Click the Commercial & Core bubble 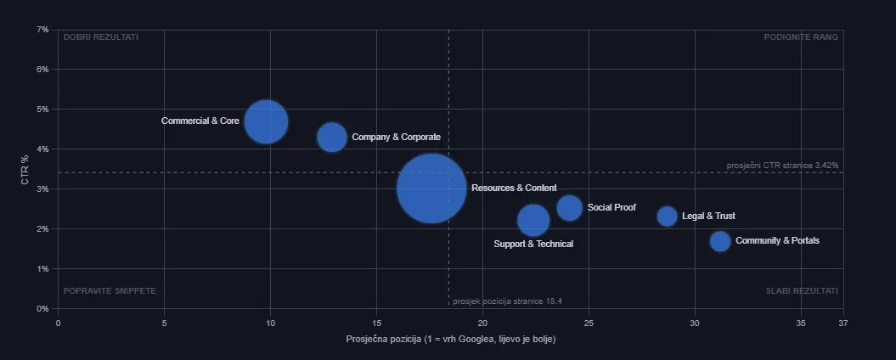(x=266, y=121)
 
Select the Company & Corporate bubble (x=332, y=138)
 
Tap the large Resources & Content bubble (x=431, y=188)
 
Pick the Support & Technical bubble (x=533, y=220)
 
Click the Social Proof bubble (x=570, y=207)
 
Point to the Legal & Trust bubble (x=667, y=216)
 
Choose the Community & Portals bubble (x=720, y=241)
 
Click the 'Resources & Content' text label (x=514, y=188)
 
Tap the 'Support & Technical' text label (x=533, y=244)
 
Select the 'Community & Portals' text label (x=777, y=240)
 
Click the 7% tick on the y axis (x=42, y=29)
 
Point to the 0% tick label (x=42, y=308)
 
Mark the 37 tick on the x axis (x=843, y=323)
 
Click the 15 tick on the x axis (x=376, y=323)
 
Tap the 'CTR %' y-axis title (x=25, y=169)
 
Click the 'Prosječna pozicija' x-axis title (x=451, y=340)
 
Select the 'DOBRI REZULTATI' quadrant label (x=101, y=37)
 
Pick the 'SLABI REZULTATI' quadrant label (x=802, y=291)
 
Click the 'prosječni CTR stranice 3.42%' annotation (x=783, y=166)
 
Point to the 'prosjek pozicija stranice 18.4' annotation (x=507, y=301)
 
